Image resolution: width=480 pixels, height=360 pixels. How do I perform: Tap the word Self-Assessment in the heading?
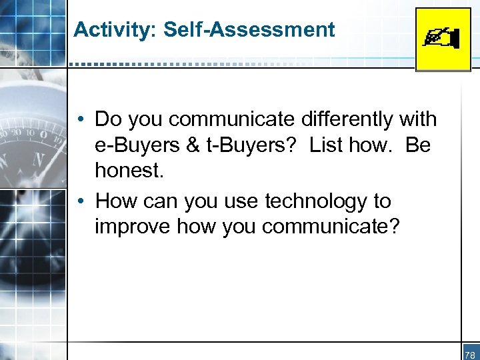click(x=249, y=30)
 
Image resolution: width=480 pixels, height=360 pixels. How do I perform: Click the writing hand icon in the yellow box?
click(x=443, y=39)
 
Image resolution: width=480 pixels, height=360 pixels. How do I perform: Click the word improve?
click(x=131, y=227)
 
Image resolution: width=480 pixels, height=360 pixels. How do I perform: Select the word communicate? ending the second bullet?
click(x=331, y=227)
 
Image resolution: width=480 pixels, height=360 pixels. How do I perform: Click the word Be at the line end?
click(x=417, y=145)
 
